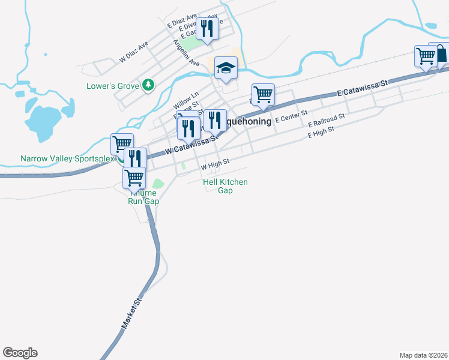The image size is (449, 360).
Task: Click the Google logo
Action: pyautogui.click(x=20, y=353)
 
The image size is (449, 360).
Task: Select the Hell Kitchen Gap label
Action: pyautogui.click(x=225, y=186)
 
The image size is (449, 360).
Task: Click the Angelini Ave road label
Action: pyautogui.click(x=186, y=53)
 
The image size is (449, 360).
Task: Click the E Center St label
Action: pyautogui.click(x=291, y=116)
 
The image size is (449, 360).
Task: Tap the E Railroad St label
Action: pyautogui.click(x=327, y=120)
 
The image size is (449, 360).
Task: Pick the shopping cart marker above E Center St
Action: pyautogui.click(x=263, y=95)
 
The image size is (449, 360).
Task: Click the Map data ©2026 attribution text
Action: pyautogui.click(x=424, y=355)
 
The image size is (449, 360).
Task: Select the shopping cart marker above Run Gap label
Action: pyautogui.click(x=134, y=178)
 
